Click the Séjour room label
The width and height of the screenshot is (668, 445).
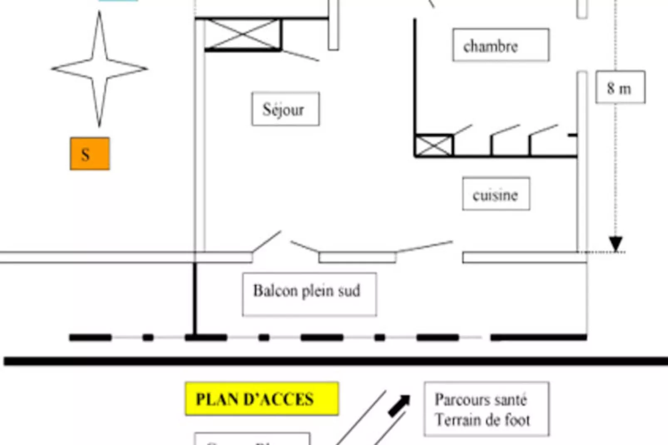click(x=285, y=109)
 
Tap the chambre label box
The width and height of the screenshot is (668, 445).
click(x=501, y=45)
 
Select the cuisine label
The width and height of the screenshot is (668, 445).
click(x=496, y=194)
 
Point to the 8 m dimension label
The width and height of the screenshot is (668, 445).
click(x=620, y=87)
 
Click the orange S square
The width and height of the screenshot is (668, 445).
click(x=90, y=153)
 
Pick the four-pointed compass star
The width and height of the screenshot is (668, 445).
click(x=99, y=69)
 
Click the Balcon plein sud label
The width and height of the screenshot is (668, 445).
click(x=309, y=294)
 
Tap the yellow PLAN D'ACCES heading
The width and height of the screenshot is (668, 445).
click(x=262, y=399)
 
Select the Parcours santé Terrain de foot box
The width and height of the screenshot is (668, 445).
click(x=486, y=409)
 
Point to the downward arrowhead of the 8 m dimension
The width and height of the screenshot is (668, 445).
click(x=616, y=243)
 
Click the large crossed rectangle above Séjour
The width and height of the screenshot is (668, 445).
click(x=243, y=34)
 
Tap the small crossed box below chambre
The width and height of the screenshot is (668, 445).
click(x=434, y=146)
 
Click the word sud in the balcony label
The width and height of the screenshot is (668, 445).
click(x=349, y=291)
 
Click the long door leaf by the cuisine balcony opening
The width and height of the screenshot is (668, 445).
click(x=424, y=246)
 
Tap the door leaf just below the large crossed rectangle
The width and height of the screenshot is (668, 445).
click(x=300, y=55)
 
